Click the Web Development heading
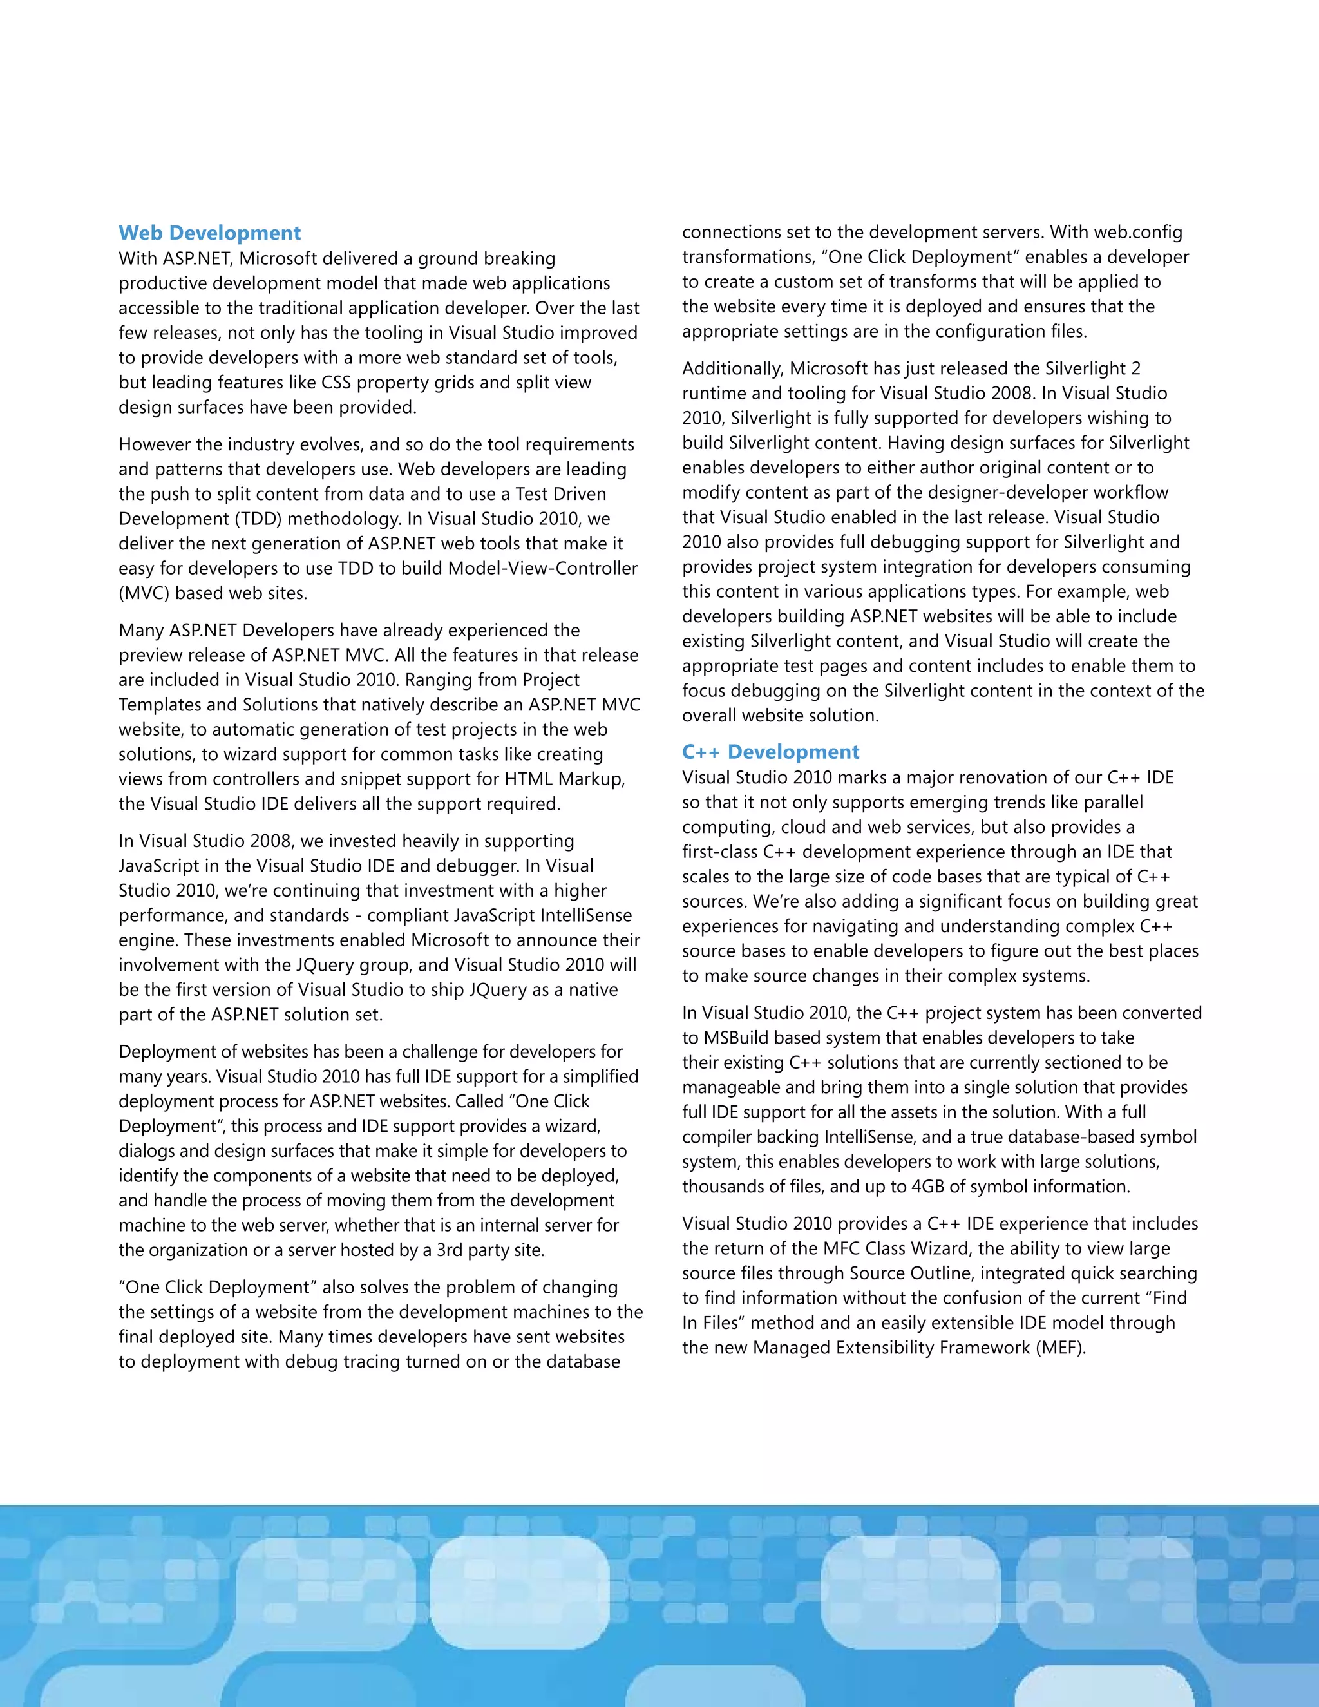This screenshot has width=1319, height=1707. pos(209,233)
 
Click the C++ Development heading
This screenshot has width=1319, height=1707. pos(770,752)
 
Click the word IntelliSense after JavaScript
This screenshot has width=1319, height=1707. pos(585,915)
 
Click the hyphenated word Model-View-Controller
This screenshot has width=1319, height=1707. pos(542,568)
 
